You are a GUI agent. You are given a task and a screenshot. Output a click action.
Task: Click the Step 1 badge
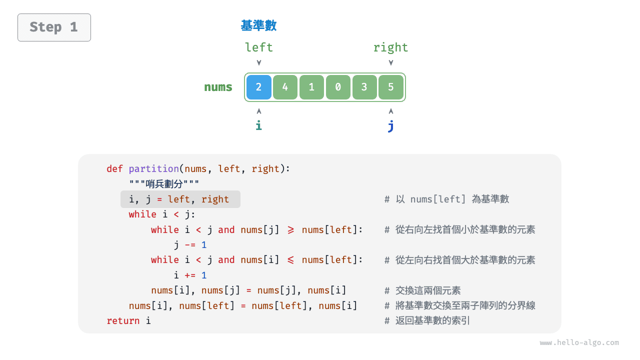[x=54, y=27]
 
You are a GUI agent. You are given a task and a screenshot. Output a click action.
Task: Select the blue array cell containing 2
[x=258, y=87]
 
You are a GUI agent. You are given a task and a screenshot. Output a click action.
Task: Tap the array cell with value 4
[x=285, y=87]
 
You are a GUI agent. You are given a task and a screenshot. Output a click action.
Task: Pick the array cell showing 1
[x=311, y=87]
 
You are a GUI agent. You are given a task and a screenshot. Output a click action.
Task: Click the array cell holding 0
[x=338, y=87]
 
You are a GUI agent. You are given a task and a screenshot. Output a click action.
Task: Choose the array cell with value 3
[x=364, y=87]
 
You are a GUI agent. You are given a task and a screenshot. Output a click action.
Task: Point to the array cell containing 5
[x=390, y=87]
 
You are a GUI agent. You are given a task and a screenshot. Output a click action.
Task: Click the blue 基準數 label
[x=258, y=25]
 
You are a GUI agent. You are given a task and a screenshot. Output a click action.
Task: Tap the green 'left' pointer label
[x=258, y=47]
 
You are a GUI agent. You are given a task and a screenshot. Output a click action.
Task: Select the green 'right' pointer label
[x=390, y=47]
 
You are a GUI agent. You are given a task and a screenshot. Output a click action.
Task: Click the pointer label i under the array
[x=258, y=125]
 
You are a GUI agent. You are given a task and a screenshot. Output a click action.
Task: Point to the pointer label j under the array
[x=390, y=126]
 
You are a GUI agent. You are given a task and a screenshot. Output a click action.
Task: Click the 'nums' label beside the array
[x=218, y=87]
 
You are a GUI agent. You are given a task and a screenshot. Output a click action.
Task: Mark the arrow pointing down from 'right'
[x=390, y=62]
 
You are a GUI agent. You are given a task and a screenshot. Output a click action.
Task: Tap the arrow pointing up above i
[x=258, y=111]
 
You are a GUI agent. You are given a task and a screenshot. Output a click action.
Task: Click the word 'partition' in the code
[x=153, y=169]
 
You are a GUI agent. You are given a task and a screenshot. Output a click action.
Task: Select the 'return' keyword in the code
[x=123, y=321]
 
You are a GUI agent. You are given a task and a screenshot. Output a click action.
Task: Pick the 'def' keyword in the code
[x=114, y=169]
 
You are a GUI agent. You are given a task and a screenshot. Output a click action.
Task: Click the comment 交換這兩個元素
[x=428, y=290]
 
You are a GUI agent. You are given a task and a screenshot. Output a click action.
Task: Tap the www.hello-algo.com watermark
[x=579, y=343]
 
